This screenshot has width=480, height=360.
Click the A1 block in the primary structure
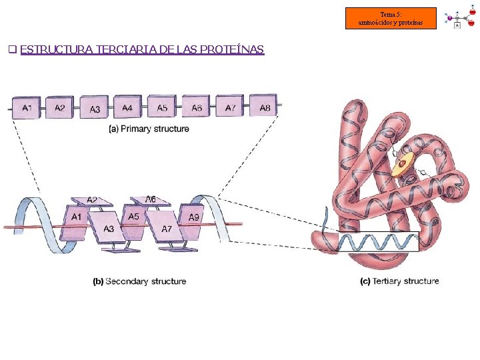(26, 108)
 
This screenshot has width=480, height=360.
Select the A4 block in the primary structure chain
(127, 107)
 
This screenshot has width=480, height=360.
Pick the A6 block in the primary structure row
(196, 107)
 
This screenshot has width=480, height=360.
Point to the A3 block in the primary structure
(94, 109)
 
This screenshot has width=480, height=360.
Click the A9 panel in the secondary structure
(193, 217)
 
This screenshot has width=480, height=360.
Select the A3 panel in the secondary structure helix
(109, 229)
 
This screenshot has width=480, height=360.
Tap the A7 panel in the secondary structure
(167, 229)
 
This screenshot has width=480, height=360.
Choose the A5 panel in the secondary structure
(133, 216)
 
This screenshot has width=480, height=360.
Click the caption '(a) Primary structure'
(149, 129)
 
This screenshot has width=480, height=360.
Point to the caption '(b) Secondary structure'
(139, 281)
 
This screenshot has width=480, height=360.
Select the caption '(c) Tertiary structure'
(399, 281)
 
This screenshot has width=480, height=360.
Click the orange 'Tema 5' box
(391, 19)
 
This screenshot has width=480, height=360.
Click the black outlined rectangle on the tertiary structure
(378, 241)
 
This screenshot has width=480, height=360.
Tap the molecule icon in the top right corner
(460, 18)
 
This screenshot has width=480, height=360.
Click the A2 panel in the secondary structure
(92, 200)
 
